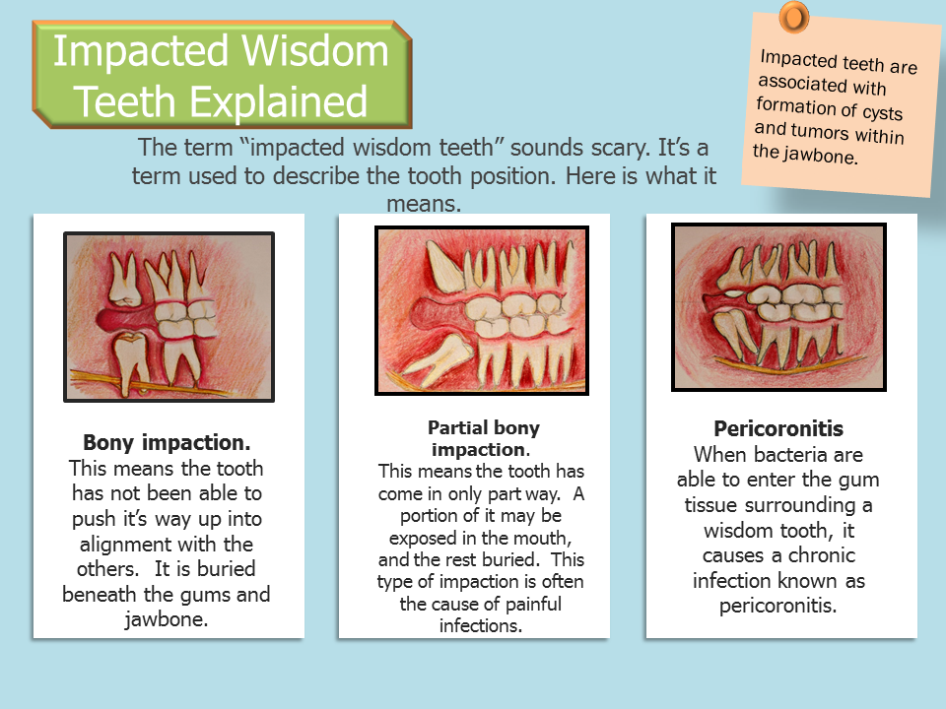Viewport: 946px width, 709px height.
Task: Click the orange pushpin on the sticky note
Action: (x=793, y=17)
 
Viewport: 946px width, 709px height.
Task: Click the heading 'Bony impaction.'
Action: (x=168, y=441)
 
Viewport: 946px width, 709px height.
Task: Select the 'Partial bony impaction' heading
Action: (x=483, y=437)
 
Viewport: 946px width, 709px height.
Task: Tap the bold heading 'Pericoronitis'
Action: (x=778, y=430)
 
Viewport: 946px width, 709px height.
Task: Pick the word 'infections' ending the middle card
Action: (x=480, y=624)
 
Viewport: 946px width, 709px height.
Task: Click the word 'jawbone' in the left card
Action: (x=167, y=620)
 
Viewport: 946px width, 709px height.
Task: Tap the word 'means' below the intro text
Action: (x=424, y=204)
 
